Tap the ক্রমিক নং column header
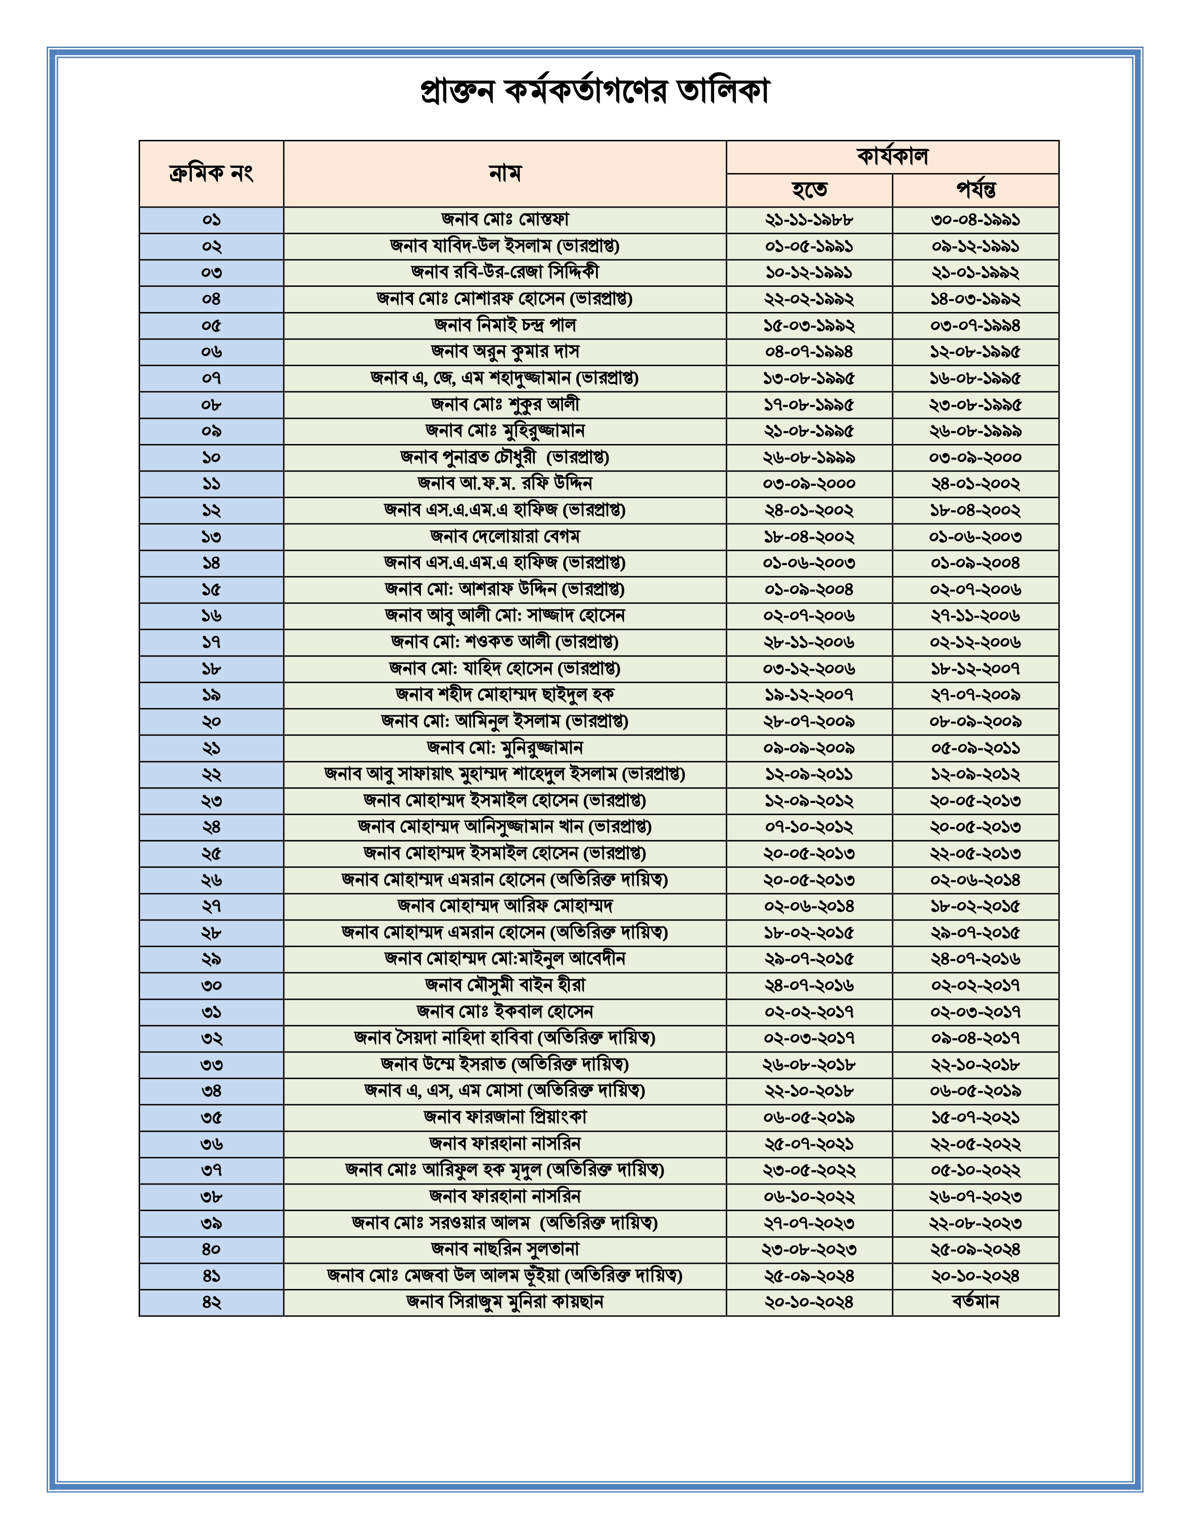(211, 173)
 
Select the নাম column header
(505, 173)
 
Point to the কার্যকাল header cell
(892, 156)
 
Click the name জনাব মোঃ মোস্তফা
(505, 220)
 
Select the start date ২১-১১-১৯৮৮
(809, 220)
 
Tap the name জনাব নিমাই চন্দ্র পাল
(505, 326)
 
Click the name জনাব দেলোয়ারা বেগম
(505, 537)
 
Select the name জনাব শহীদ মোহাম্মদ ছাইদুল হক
(505, 695)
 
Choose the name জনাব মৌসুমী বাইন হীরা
(505, 985)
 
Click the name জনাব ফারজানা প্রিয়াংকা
(505, 1117)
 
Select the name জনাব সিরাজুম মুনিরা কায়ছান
(505, 1302)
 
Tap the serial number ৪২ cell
(211, 1302)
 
